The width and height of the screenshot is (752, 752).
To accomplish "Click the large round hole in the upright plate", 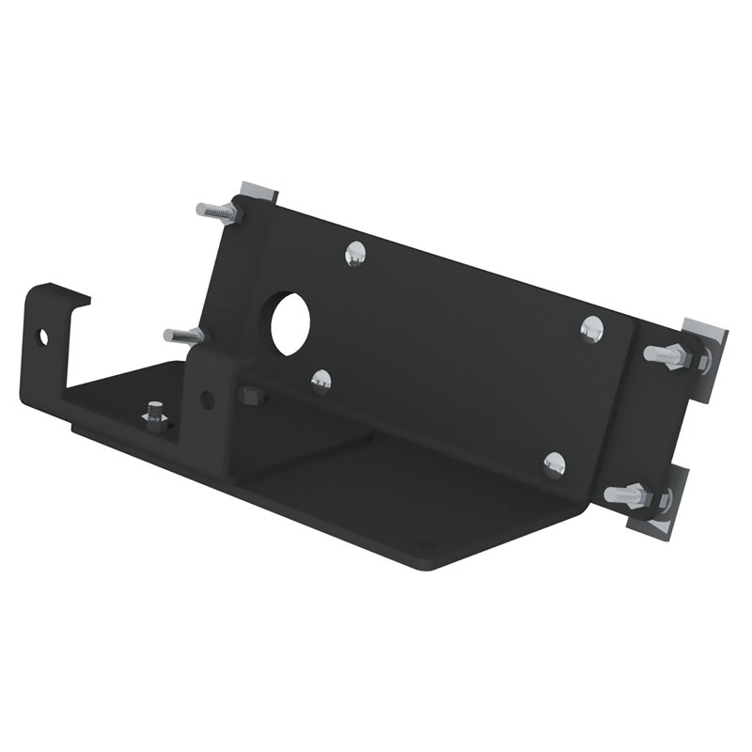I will (x=290, y=324).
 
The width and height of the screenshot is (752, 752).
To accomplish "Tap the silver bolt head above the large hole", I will (x=355, y=252).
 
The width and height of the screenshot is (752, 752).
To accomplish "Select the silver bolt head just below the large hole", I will (x=321, y=380).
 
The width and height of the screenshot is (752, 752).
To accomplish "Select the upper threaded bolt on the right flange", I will (x=669, y=355).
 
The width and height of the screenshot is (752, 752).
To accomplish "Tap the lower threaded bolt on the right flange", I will (x=630, y=493).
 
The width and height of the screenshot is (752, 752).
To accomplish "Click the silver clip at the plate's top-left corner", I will (x=255, y=194).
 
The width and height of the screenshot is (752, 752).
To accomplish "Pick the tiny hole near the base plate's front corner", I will (x=421, y=543).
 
